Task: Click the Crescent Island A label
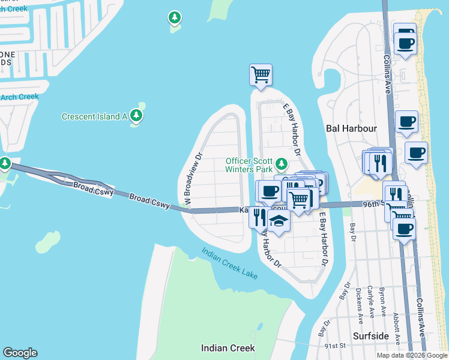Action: (x=94, y=116)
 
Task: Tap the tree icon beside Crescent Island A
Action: (x=137, y=116)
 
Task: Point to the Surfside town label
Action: (x=370, y=337)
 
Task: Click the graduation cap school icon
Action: (x=279, y=222)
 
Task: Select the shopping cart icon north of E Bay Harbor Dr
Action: (x=261, y=76)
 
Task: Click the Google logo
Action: (x=20, y=353)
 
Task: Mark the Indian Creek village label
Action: (x=228, y=348)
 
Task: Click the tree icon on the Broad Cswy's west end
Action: (x=5, y=163)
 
